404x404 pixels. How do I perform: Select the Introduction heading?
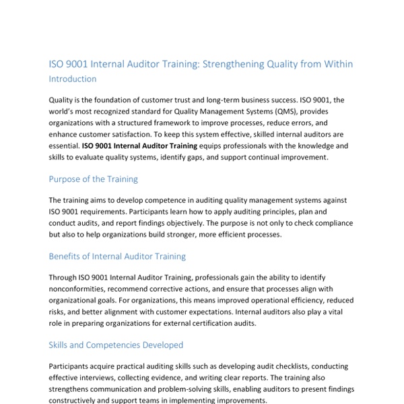72,79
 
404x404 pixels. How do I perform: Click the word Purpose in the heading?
67,179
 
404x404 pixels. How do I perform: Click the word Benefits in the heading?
67,257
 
